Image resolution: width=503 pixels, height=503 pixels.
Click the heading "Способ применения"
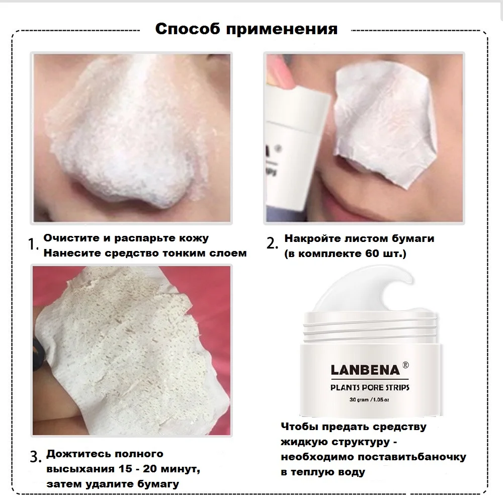pos(246,29)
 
